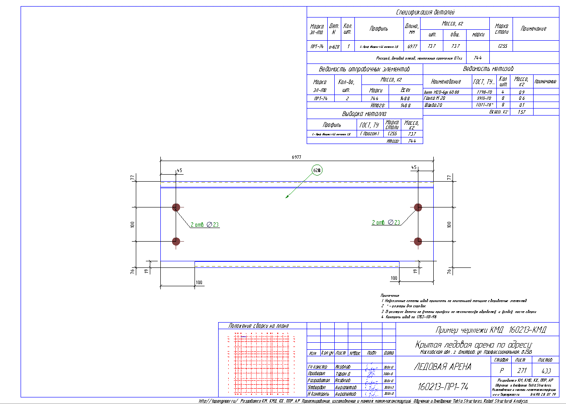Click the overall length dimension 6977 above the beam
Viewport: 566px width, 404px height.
tap(297, 157)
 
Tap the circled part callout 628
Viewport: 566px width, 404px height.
tap(317, 170)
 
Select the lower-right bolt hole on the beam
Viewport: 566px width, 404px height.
tap(418, 241)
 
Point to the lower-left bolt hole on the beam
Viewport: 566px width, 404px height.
tap(176, 241)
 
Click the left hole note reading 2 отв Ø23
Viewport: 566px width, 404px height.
tap(205, 225)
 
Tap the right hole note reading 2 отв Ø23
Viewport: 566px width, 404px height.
tap(386, 222)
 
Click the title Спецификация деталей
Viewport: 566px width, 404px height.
tap(432, 12)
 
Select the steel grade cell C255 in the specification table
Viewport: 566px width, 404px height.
tap(500, 46)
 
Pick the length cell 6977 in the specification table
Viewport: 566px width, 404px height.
tap(412, 46)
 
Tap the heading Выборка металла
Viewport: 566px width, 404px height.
tap(364, 114)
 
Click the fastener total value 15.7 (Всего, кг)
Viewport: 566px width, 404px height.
tap(521, 112)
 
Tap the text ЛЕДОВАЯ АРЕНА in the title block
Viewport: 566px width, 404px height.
tap(442, 367)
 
